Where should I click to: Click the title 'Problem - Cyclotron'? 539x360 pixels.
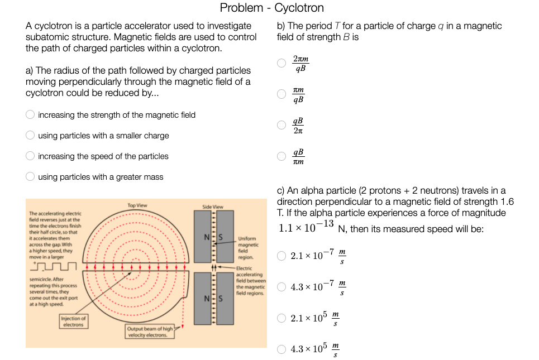pos(271,8)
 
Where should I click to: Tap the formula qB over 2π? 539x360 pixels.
pos(298,126)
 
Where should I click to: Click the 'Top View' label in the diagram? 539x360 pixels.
pos(137,205)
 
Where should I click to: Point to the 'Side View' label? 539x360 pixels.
pos(212,207)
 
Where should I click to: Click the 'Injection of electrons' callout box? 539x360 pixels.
pos(73,321)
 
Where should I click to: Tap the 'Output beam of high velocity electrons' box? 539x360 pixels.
pos(150,332)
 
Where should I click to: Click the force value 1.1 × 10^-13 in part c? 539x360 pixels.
pos(306,227)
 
